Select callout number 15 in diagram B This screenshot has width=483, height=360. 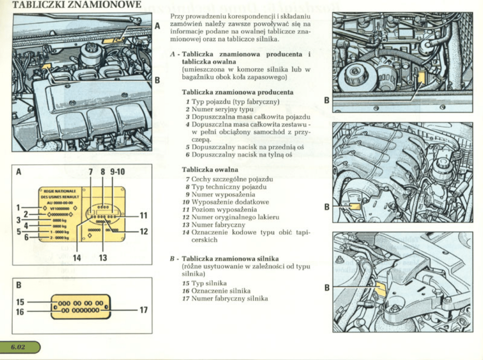tap(20, 302)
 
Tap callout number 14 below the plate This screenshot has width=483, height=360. tap(77, 257)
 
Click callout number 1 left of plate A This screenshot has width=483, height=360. tap(18, 208)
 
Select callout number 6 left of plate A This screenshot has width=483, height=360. tap(26, 238)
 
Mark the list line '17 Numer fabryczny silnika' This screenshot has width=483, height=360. tap(225, 298)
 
